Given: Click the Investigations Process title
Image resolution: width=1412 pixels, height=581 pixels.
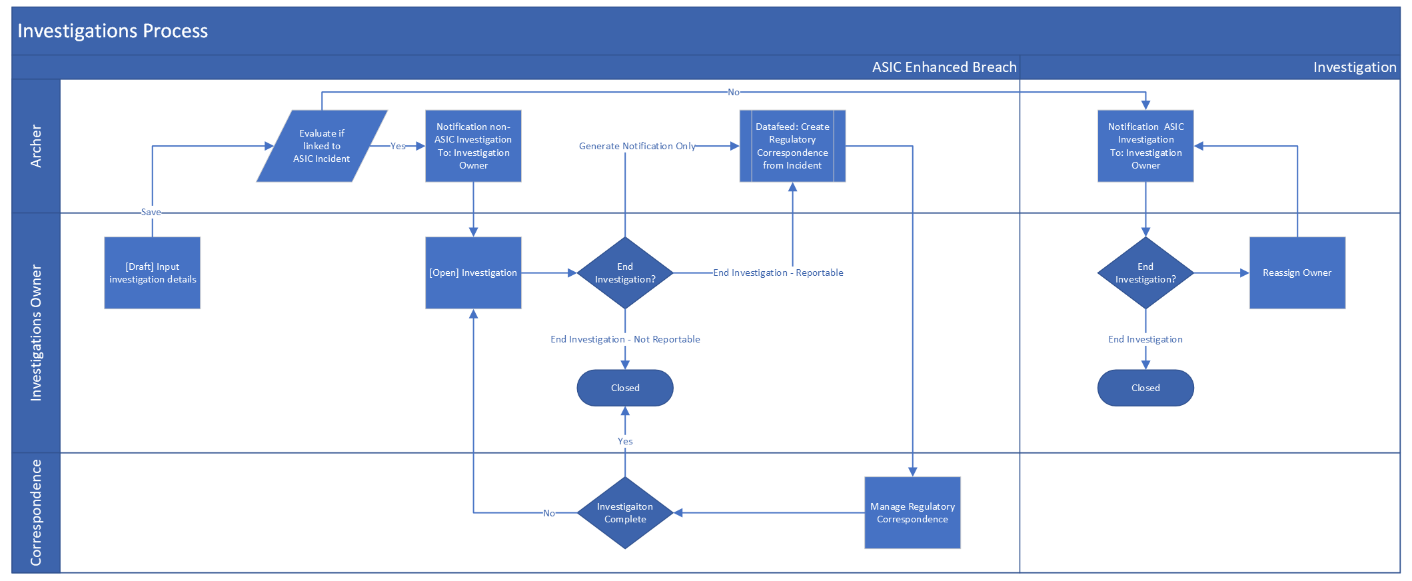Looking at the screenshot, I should coord(113,31).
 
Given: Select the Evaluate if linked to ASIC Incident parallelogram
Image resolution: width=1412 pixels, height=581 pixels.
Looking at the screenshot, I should coord(322,146).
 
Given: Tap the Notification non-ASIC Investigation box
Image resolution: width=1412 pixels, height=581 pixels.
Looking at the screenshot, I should coord(473,146).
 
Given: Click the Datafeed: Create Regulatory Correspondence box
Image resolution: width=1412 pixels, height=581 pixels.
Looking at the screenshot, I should coord(792,146).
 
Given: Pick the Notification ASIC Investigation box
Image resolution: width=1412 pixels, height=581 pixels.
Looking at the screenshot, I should coord(1145,146).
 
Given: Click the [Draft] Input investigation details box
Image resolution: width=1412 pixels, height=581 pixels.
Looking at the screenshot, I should coord(153,273).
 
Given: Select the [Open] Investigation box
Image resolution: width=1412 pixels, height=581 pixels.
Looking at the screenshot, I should coord(473,273).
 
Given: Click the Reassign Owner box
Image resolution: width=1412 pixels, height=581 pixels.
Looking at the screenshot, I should coord(1297,273).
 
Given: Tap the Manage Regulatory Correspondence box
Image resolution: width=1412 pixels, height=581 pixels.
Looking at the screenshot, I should coord(912,512).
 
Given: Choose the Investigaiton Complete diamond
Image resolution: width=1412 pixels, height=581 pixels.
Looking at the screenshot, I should coord(625,512).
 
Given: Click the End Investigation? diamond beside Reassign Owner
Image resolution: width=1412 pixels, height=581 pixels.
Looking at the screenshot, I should coord(1145,273).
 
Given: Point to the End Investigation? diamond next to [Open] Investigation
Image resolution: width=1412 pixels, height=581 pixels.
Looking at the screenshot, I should coord(625,273).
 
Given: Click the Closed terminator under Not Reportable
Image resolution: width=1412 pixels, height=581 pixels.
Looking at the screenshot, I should coord(625,388).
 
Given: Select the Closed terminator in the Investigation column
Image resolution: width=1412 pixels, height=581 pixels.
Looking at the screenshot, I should coord(1145,388).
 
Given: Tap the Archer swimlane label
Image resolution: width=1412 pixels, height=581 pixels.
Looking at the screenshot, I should coord(36,146).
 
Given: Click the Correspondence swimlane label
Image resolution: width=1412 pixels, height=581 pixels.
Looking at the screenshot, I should coord(36,512).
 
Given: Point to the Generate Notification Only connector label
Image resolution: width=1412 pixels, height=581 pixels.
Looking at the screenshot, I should coord(637,146).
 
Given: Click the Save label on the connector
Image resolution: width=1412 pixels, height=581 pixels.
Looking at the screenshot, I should coord(151,212).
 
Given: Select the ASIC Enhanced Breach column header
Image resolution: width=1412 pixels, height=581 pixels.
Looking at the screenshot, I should coord(944,67).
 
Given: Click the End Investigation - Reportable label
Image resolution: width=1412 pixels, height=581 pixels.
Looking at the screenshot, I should coord(778,273).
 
